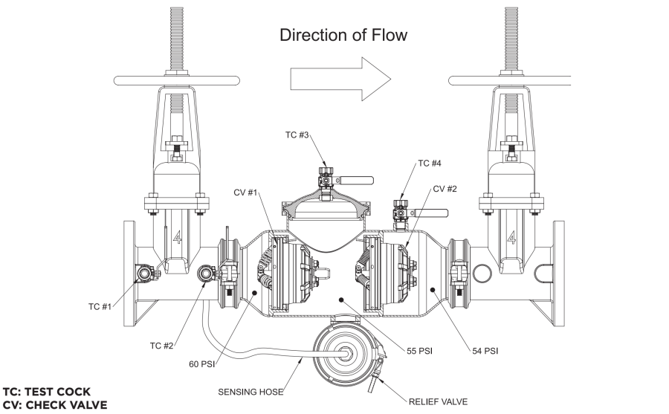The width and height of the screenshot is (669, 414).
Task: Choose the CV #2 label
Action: tap(445, 188)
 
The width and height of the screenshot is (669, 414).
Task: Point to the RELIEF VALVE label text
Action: tap(439, 401)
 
